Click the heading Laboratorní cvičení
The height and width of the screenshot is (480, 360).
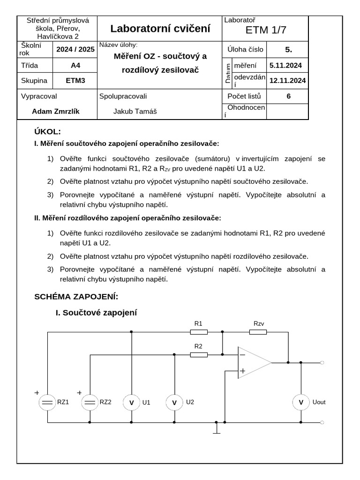[x=160, y=29]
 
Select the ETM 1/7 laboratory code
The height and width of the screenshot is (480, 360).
[x=265, y=30]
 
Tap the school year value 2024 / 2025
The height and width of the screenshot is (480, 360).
[x=75, y=49]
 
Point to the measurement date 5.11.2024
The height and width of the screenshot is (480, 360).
[x=286, y=66]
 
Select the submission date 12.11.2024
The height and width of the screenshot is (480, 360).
[x=287, y=81]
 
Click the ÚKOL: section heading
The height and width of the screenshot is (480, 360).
[x=47, y=132]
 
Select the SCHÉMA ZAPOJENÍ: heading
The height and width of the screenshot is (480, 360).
[x=76, y=297]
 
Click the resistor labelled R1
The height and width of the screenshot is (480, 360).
[x=199, y=332]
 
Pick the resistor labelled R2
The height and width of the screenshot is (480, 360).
[x=199, y=355]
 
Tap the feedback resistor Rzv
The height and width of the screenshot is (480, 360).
[x=258, y=332]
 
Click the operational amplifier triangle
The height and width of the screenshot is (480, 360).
[x=253, y=362]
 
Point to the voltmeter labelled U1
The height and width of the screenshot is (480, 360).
[x=131, y=402]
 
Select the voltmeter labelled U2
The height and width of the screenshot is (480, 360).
[x=175, y=402]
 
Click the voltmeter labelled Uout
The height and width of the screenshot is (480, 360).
[x=301, y=402]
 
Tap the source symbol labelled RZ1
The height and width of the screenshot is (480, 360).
[x=47, y=402]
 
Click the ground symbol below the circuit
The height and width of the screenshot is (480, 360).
[x=216, y=429]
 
